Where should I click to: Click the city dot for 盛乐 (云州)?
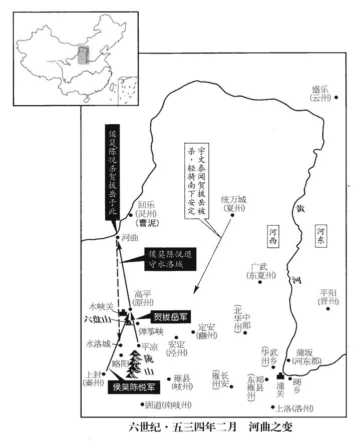pos(336,97)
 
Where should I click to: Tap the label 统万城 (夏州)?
pos(234,203)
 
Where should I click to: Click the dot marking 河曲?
pos(117,238)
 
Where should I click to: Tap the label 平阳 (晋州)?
pos(328,297)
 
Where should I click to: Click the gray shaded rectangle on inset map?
pos(84,55)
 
